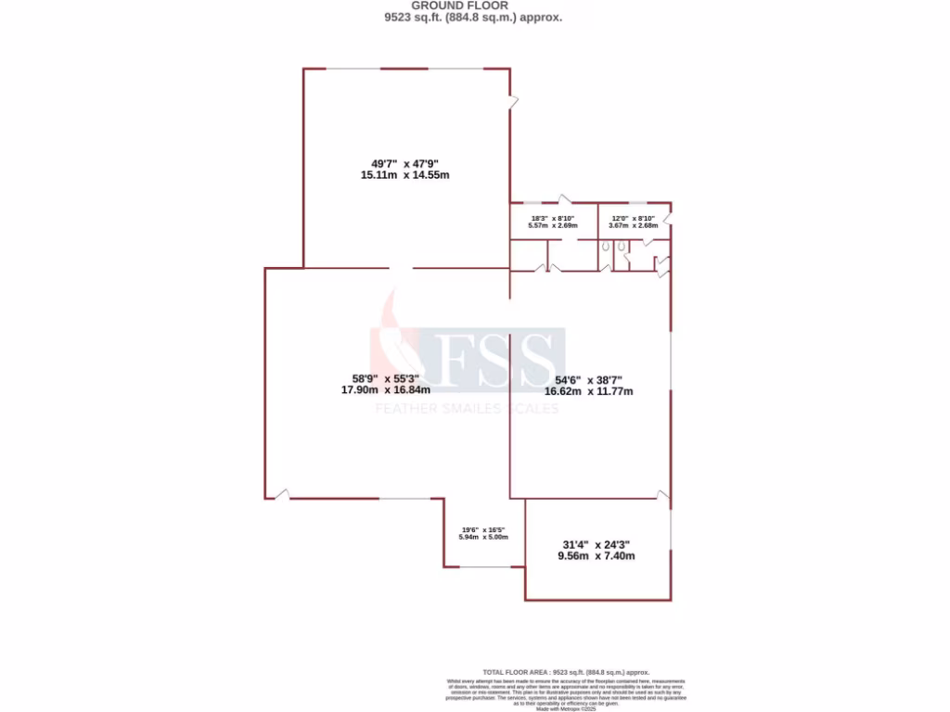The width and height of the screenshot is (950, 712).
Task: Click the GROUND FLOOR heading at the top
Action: point(472,6)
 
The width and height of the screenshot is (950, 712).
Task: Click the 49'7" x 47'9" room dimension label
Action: point(404,169)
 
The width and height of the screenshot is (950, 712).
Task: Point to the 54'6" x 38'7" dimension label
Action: point(588,385)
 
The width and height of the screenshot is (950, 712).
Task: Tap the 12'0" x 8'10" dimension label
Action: point(633,221)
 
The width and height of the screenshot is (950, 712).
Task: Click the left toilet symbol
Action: point(605,248)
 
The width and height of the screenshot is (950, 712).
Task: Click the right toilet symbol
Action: point(622,247)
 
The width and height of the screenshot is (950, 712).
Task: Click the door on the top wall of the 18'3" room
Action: point(563,199)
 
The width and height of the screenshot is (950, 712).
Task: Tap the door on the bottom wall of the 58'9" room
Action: point(281,494)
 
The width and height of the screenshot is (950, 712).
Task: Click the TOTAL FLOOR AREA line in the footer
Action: point(566,672)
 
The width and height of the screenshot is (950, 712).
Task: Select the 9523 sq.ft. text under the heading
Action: point(472,17)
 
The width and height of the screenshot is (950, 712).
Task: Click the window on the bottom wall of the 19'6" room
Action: point(484,566)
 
